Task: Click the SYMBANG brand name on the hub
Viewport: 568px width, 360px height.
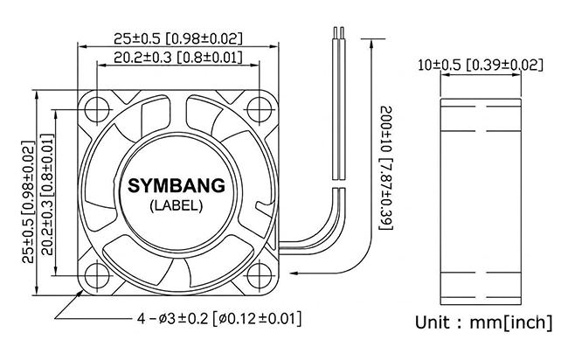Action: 177,186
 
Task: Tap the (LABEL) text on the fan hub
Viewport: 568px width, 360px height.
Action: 177,206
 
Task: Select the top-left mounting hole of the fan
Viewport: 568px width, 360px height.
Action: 97,108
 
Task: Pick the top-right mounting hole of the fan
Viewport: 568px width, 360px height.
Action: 259,108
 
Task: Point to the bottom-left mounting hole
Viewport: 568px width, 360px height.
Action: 97,275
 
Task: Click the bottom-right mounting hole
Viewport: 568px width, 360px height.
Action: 259,275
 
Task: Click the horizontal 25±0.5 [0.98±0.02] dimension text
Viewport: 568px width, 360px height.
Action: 178,38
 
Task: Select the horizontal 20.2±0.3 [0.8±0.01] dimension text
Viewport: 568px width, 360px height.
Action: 178,57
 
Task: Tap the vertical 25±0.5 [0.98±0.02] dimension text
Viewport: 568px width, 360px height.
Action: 28,202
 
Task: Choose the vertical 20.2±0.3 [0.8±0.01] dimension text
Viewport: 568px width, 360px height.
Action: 47,195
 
